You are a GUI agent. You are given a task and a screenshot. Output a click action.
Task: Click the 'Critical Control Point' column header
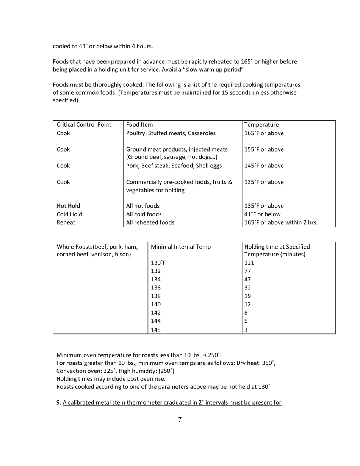pos(84,125)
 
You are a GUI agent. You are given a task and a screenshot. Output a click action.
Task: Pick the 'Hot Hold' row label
pos(68,206)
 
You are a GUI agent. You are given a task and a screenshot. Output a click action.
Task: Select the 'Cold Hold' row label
pos(69,214)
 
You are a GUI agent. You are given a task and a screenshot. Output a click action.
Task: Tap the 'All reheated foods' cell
pos(150,223)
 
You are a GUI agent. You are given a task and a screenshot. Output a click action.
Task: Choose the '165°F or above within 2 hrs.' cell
pos(281,223)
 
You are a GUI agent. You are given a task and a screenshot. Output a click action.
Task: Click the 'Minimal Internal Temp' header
pos(181,247)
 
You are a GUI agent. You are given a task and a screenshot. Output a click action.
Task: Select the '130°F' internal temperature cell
pos(158,263)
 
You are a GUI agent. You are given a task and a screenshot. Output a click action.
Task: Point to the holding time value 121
pos(249,263)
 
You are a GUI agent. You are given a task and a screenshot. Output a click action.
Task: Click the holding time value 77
pos(247,271)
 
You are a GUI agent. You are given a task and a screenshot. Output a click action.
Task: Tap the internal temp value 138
pos(156,296)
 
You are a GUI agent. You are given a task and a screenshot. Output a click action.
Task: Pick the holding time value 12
pos(247,305)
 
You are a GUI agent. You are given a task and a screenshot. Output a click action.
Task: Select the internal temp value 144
pos(156,321)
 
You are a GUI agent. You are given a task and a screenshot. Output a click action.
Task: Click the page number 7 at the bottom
pos(180,419)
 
